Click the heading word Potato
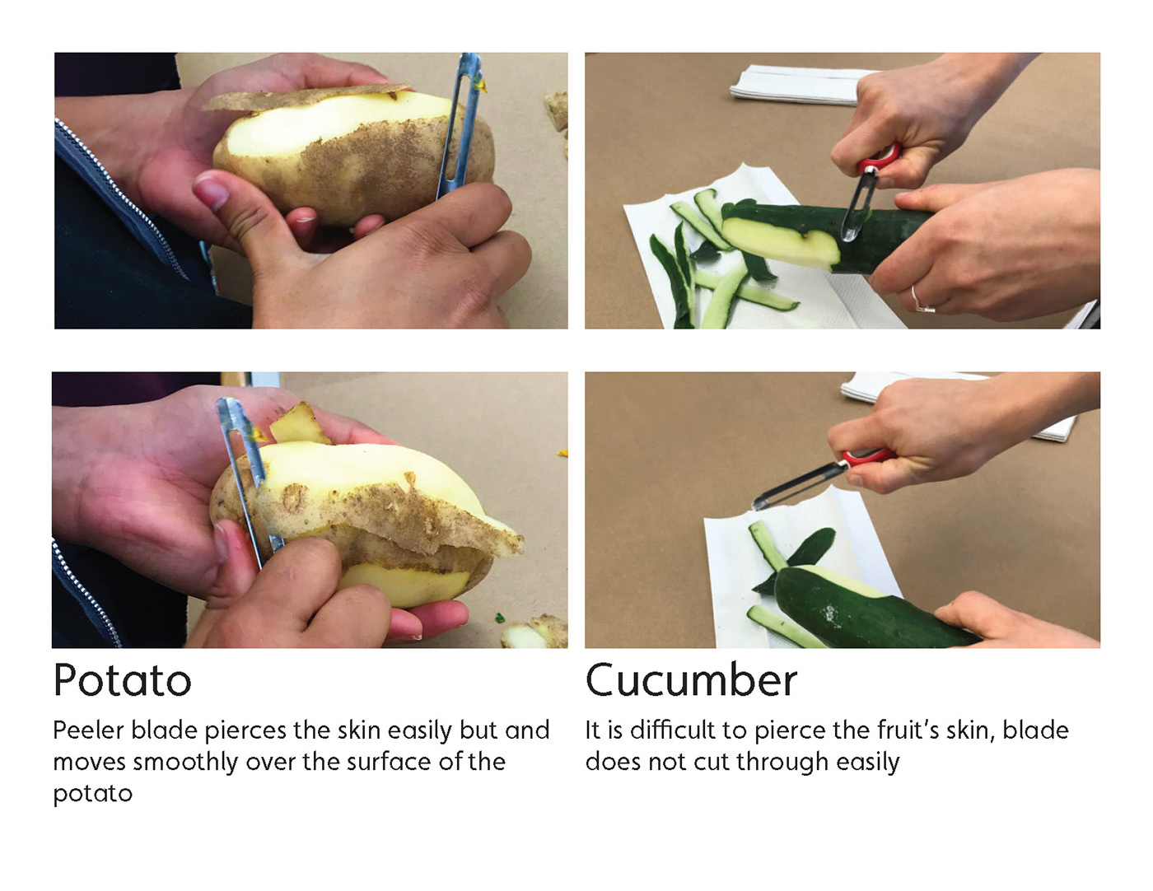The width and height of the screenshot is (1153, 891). (122, 680)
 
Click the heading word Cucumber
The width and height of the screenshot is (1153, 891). (691, 680)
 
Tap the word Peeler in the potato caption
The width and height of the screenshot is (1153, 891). (88, 730)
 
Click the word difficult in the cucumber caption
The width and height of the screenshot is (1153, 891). (673, 730)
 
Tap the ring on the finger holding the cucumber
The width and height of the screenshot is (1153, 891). (922, 300)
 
